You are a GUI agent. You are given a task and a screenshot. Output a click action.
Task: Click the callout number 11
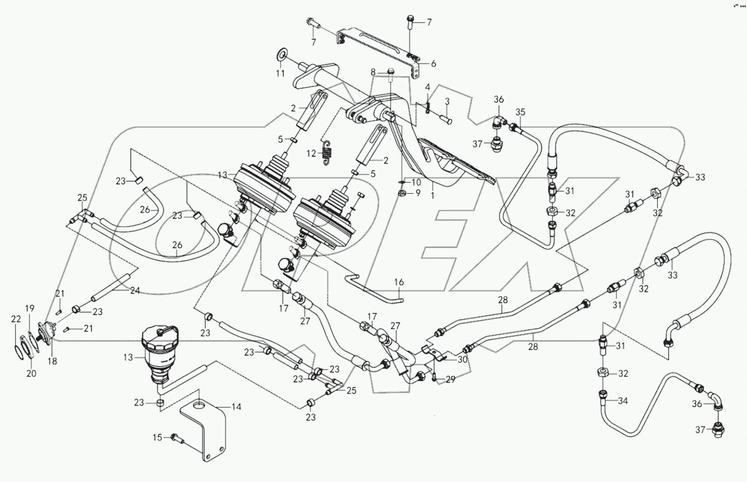pyautogui.click(x=280, y=74)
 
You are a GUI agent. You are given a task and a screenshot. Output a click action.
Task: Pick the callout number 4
pyautogui.click(x=428, y=87)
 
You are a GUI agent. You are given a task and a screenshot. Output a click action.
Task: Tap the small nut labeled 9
pyautogui.click(x=402, y=192)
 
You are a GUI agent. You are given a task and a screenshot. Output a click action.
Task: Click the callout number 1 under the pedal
pyautogui.click(x=432, y=196)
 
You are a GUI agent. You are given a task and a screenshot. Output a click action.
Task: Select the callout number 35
pyautogui.click(x=520, y=112)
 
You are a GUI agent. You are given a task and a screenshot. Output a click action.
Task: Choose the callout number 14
pyautogui.click(x=236, y=407)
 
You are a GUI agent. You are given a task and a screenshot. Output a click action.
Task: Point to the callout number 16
pyautogui.click(x=399, y=282)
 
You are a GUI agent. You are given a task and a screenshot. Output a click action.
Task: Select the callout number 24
pyautogui.click(x=135, y=291)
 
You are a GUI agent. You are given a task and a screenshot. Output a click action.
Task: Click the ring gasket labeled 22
pyautogui.click(x=17, y=349)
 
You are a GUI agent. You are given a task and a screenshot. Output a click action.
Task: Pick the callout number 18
pyautogui.click(x=52, y=362)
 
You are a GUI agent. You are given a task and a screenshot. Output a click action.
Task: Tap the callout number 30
pyautogui.click(x=462, y=359)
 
